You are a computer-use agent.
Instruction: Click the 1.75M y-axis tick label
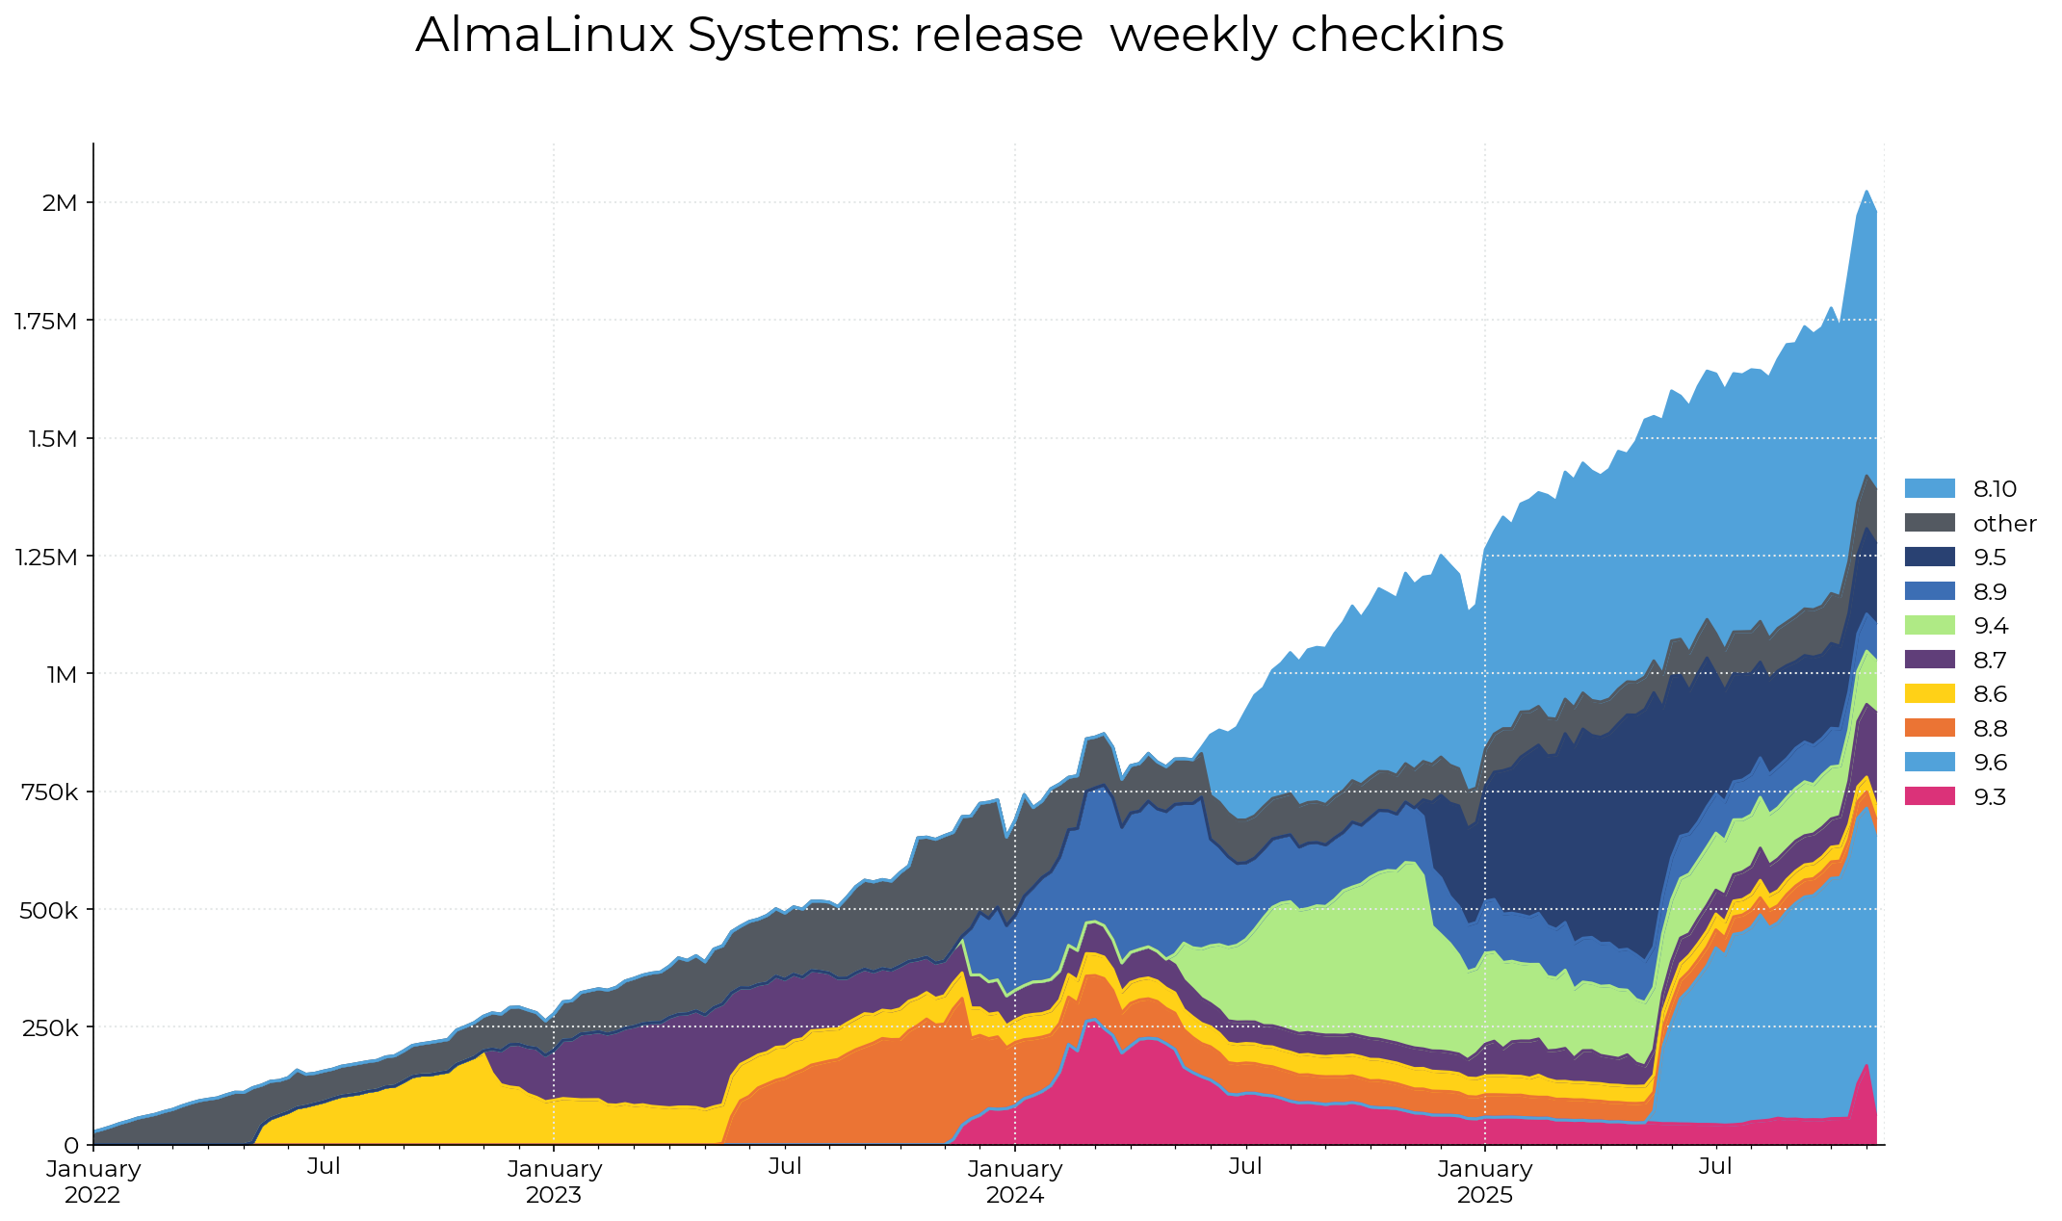pos(45,321)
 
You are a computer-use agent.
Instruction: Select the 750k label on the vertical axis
pos(47,792)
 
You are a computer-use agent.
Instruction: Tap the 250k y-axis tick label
pos(47,1027)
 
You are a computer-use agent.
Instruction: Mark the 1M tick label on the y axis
pos(62,674)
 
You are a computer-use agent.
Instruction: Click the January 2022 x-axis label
pos(93,1182)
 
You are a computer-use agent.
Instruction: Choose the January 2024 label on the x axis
pos(1015,1182)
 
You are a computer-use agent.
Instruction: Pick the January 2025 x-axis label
pos(1485,1182)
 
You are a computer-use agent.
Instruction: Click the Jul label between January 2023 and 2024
pos(785,1167)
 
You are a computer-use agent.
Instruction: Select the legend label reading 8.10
pos(1995,489)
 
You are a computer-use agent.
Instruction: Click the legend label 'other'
pos(2004,524)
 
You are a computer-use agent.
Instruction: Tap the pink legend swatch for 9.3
pos(1929,796)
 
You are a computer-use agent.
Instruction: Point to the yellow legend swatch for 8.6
pos(1929,694)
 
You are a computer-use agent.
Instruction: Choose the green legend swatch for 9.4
pos(1929,626)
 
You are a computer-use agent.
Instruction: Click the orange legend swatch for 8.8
pos(1929,728)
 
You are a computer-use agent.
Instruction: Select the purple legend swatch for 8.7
pos(1929,660)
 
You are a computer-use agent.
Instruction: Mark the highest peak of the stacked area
pos(1866,191)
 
